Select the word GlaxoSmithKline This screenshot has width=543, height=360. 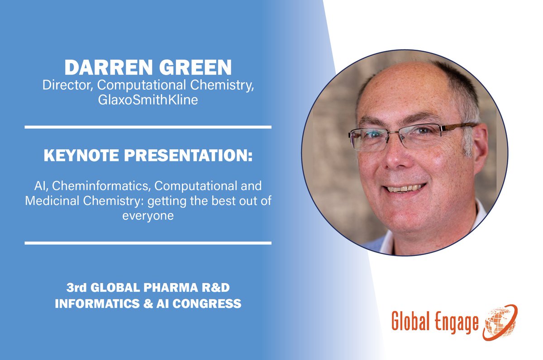(148, 100)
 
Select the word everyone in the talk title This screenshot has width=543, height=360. (148, 216)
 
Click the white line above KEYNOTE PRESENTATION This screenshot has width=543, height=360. (148, 128)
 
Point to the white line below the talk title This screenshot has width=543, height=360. (148, 243)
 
